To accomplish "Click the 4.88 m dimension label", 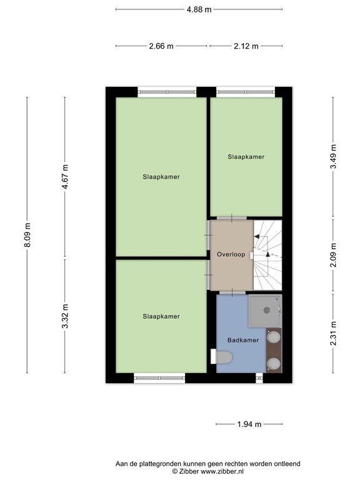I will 199,9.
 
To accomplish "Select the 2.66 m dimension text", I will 161,46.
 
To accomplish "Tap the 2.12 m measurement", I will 246,46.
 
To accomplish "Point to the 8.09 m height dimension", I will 27,235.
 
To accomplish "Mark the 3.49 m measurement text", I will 333,157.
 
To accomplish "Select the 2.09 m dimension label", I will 333,255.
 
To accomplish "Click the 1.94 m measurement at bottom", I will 249,424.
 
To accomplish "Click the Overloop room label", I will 231,255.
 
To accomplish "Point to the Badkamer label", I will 243,341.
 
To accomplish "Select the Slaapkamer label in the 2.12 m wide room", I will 246,157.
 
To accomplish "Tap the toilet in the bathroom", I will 224,357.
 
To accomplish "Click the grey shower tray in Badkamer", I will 266,311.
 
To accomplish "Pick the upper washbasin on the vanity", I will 273,337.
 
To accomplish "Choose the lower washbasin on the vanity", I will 273,363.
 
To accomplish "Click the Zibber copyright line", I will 207,472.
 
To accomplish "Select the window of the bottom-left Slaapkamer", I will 159,377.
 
